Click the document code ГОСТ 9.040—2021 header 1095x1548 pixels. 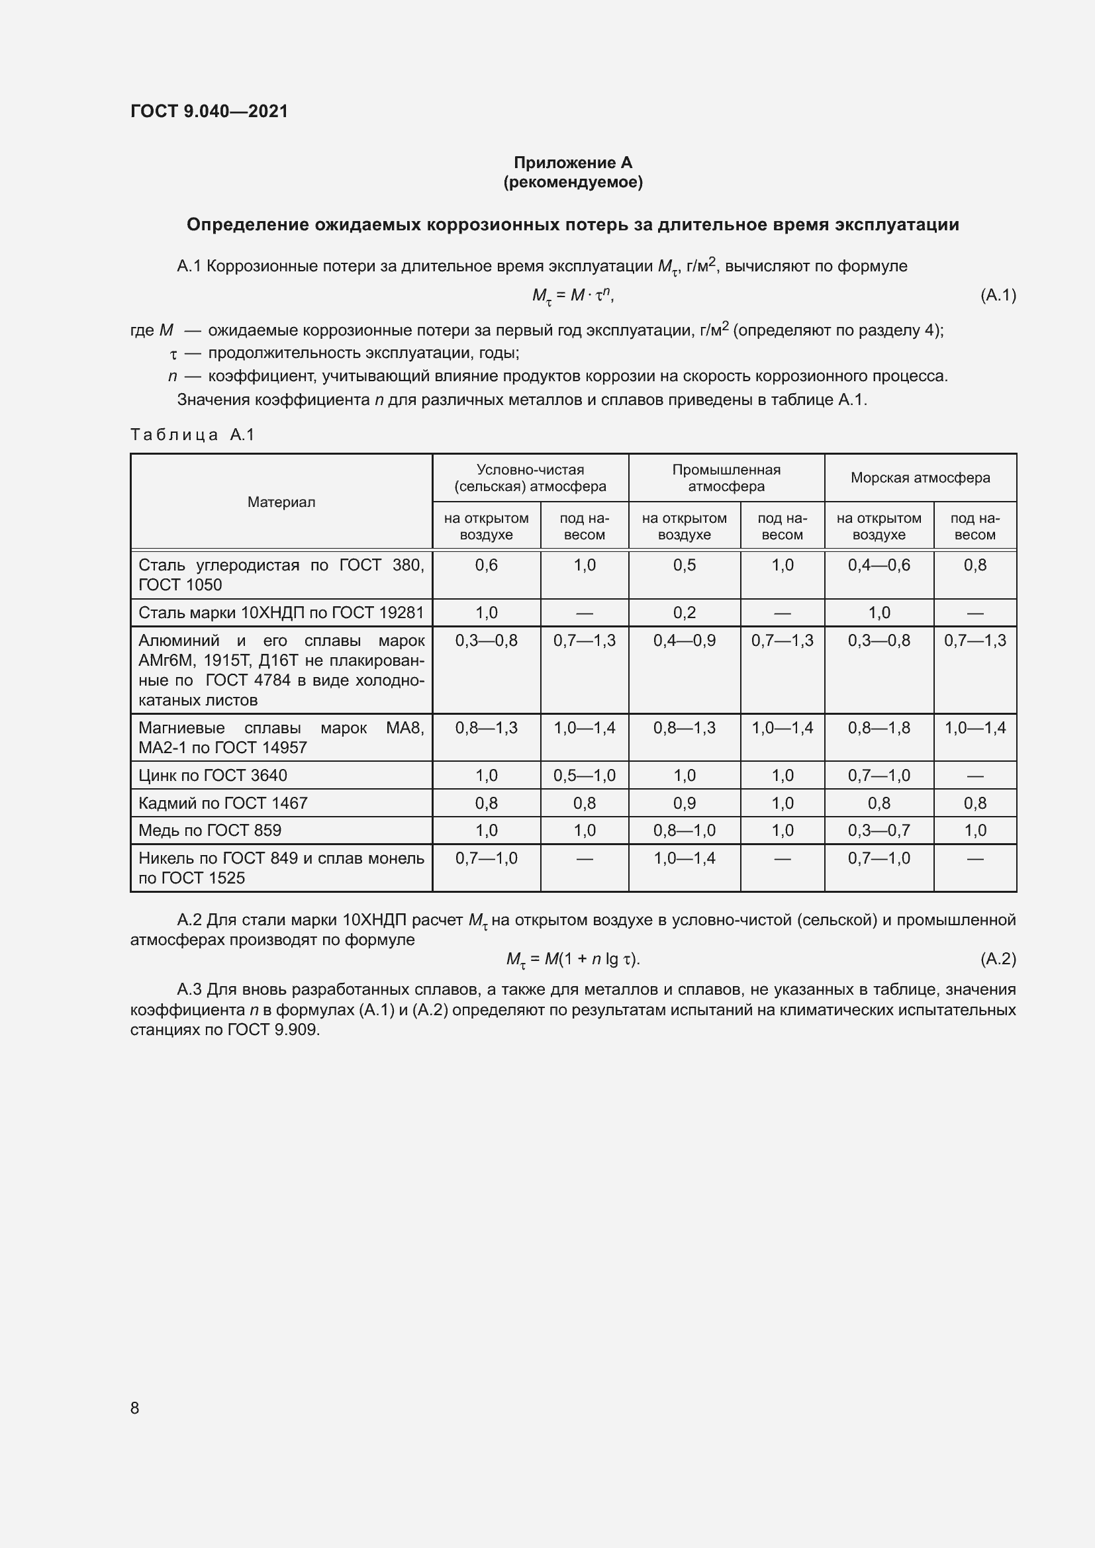point(209,111)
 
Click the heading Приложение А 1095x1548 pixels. point(573,163)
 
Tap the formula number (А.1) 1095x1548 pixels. point(997,295)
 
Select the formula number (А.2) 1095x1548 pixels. point(997,959)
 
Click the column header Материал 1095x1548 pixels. point(281,502)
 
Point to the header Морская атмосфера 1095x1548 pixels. point(920,478)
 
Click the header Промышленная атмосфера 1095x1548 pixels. point(726,478)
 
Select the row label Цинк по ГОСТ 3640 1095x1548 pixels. point(213,776)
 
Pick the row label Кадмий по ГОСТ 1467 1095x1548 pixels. point(223,803)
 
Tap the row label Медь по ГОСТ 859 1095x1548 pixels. point(210,831)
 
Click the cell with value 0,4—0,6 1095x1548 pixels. point(879,565)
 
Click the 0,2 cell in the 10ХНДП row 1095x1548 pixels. point(684,613)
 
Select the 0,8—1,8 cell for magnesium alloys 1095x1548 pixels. point(879,728)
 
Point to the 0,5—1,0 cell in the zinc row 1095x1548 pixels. point(584,776)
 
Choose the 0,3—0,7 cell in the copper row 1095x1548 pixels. point(879,831)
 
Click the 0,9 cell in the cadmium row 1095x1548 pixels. point(684,803)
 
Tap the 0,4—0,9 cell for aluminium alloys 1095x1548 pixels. point(684,641)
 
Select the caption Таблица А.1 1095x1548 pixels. point(192,435)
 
